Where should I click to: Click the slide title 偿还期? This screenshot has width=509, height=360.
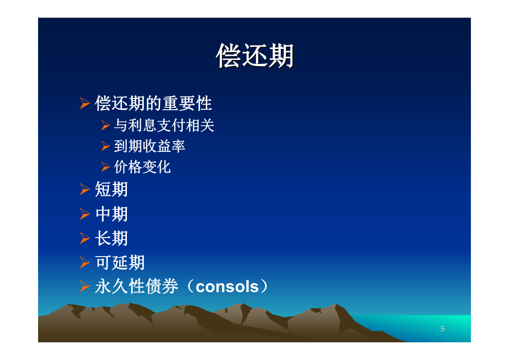coord(255,56)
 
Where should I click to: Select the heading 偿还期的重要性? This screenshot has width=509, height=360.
coord(153,103)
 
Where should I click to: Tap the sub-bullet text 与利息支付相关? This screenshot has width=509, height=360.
coord(164,125)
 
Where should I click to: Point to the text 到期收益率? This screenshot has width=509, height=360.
coord(149,146)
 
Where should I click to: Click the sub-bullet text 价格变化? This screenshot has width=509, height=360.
coord(142,167)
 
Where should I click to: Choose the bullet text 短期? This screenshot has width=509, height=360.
coord(111,189)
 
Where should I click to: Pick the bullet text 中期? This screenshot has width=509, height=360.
coord(111,214)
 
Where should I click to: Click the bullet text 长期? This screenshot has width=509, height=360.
coord(111,238)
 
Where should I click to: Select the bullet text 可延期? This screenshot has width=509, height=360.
coord(120,262)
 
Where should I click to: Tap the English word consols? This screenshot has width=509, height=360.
coord(227,287)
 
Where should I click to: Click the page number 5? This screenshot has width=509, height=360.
coord(443,329)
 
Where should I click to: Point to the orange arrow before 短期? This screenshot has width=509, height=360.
coord(85,189)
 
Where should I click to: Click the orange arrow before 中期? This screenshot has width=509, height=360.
coord(85,214)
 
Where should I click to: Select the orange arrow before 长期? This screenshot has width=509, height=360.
coord(85,238)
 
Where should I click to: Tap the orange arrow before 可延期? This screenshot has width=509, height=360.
coord(85,262)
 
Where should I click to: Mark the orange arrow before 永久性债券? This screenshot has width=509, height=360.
coord(85,286)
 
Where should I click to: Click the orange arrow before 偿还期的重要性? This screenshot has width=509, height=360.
coord(85,103)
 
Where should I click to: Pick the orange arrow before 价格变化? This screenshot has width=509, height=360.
coord(106,167)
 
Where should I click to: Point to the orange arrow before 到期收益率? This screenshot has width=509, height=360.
coord(106,146)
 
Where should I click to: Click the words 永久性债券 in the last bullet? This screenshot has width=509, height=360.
coord(136,286)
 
